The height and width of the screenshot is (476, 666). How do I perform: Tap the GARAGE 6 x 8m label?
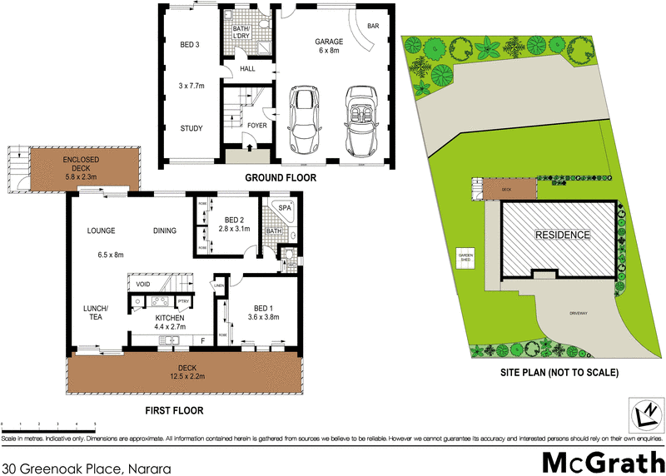(329, 47)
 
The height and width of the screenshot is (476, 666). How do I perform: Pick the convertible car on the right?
(360, 121)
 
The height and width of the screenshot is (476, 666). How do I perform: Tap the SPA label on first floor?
(283, 206)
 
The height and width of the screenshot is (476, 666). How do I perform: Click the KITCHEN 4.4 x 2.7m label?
(170, 323)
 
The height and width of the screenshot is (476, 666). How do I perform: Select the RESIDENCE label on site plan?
(562, 235)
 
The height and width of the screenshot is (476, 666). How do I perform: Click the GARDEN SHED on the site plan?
(464, 259)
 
